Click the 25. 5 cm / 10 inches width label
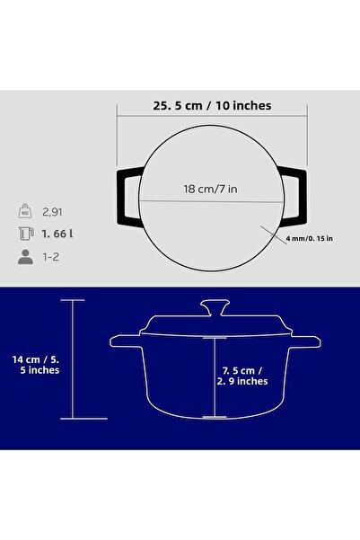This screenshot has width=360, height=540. [x=212, y=106]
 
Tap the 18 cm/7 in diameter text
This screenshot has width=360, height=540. [x=210, y=189]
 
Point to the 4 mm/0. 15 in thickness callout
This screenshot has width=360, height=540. [x=310, y=238]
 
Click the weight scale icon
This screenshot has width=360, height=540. [x=25, y=211]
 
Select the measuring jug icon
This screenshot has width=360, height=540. [x=26, y=234]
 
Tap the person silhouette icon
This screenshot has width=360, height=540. [x=25, y=257]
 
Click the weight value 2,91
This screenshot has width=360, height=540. [x=52, y=212]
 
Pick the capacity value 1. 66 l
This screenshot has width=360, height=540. [x=57, y=234]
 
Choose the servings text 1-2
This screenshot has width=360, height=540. [x=50, y=257]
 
